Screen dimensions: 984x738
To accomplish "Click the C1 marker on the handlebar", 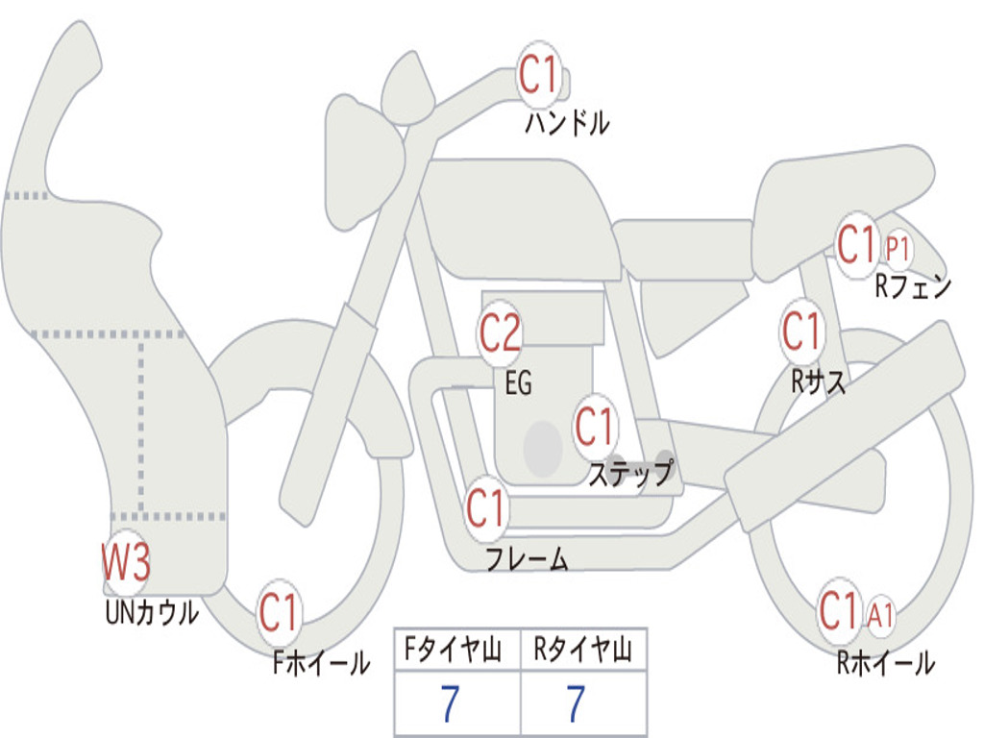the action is pyautogui.click(x=538, y=75).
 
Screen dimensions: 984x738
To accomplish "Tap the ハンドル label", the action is pyautogui.click(x=567, y=122).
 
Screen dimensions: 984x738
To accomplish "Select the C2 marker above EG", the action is pyautogui.click(x=500, y=332).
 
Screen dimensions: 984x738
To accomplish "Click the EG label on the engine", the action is pyautogui.click(x=519, y=382).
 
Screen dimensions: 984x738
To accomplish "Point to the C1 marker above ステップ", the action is pyautogui.click(x=594, y=427).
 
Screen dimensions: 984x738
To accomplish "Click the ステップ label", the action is pyautogui.click(x=630, y=473).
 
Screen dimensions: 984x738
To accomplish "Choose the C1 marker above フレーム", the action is pyautogui.click(x=486, y=507).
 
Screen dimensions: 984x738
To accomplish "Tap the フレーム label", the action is pyautogui.click(x=528, y=558).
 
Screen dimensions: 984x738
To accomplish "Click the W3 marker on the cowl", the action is pyautogui.click(x=126, y=561).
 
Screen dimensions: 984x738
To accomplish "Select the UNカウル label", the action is pyautogui.click(x=151, y=612).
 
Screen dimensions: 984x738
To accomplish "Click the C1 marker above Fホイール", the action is pyautogui.click(x=279, y=613).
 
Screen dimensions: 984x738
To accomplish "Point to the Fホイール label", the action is pyautogui.click(x=321, y=663).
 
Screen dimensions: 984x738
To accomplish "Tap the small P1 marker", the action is pyautogui.click(x=897, y=250).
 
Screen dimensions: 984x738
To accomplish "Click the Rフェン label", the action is pyautogui.click(x=913, y=286).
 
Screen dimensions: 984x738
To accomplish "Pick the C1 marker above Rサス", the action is pyautogui.click(x=801, y=331).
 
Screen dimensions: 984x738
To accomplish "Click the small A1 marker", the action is pyautogui.click(x=880, y=615).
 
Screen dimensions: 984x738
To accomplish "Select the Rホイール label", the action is pyautogui.click(x=885, y=663).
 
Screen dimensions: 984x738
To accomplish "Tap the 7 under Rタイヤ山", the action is pyautogui.click(x=577, y=703).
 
